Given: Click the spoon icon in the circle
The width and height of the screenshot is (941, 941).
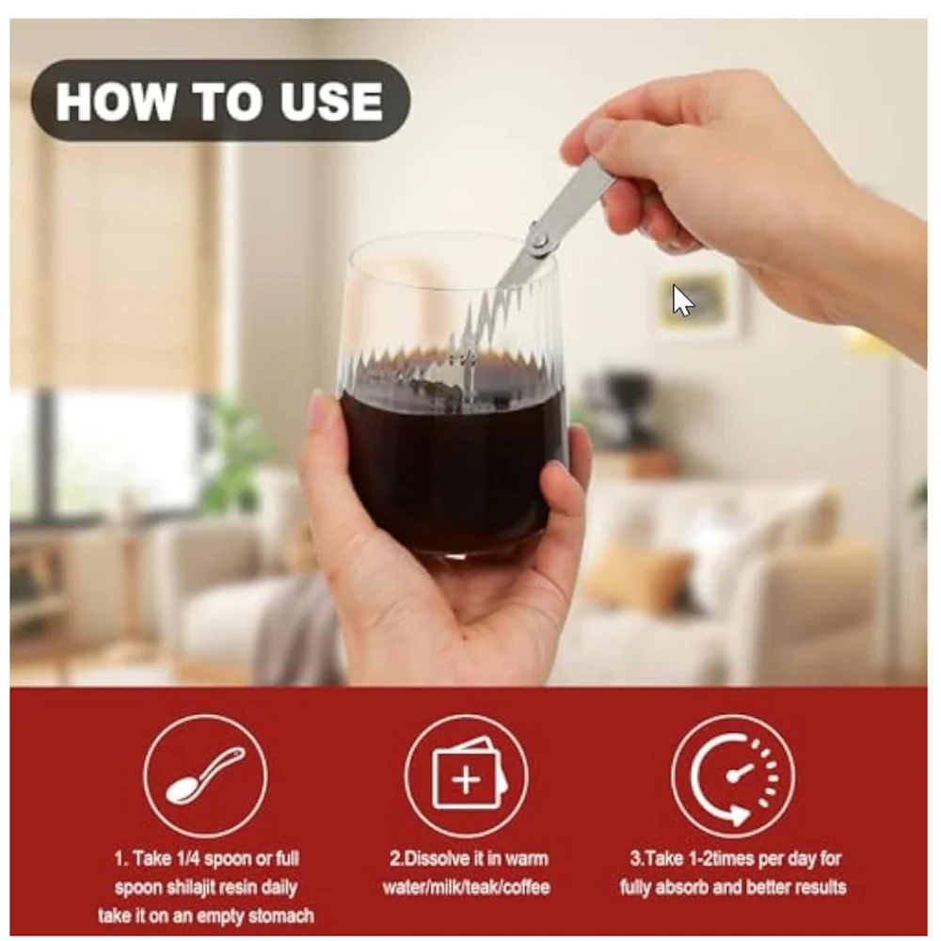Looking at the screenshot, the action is point(205,775).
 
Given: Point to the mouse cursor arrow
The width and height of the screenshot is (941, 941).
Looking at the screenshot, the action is point(682,300).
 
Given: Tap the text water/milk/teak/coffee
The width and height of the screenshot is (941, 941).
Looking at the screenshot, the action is point(467,887).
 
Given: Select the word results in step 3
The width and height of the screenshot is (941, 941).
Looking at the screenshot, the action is point(819,887).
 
